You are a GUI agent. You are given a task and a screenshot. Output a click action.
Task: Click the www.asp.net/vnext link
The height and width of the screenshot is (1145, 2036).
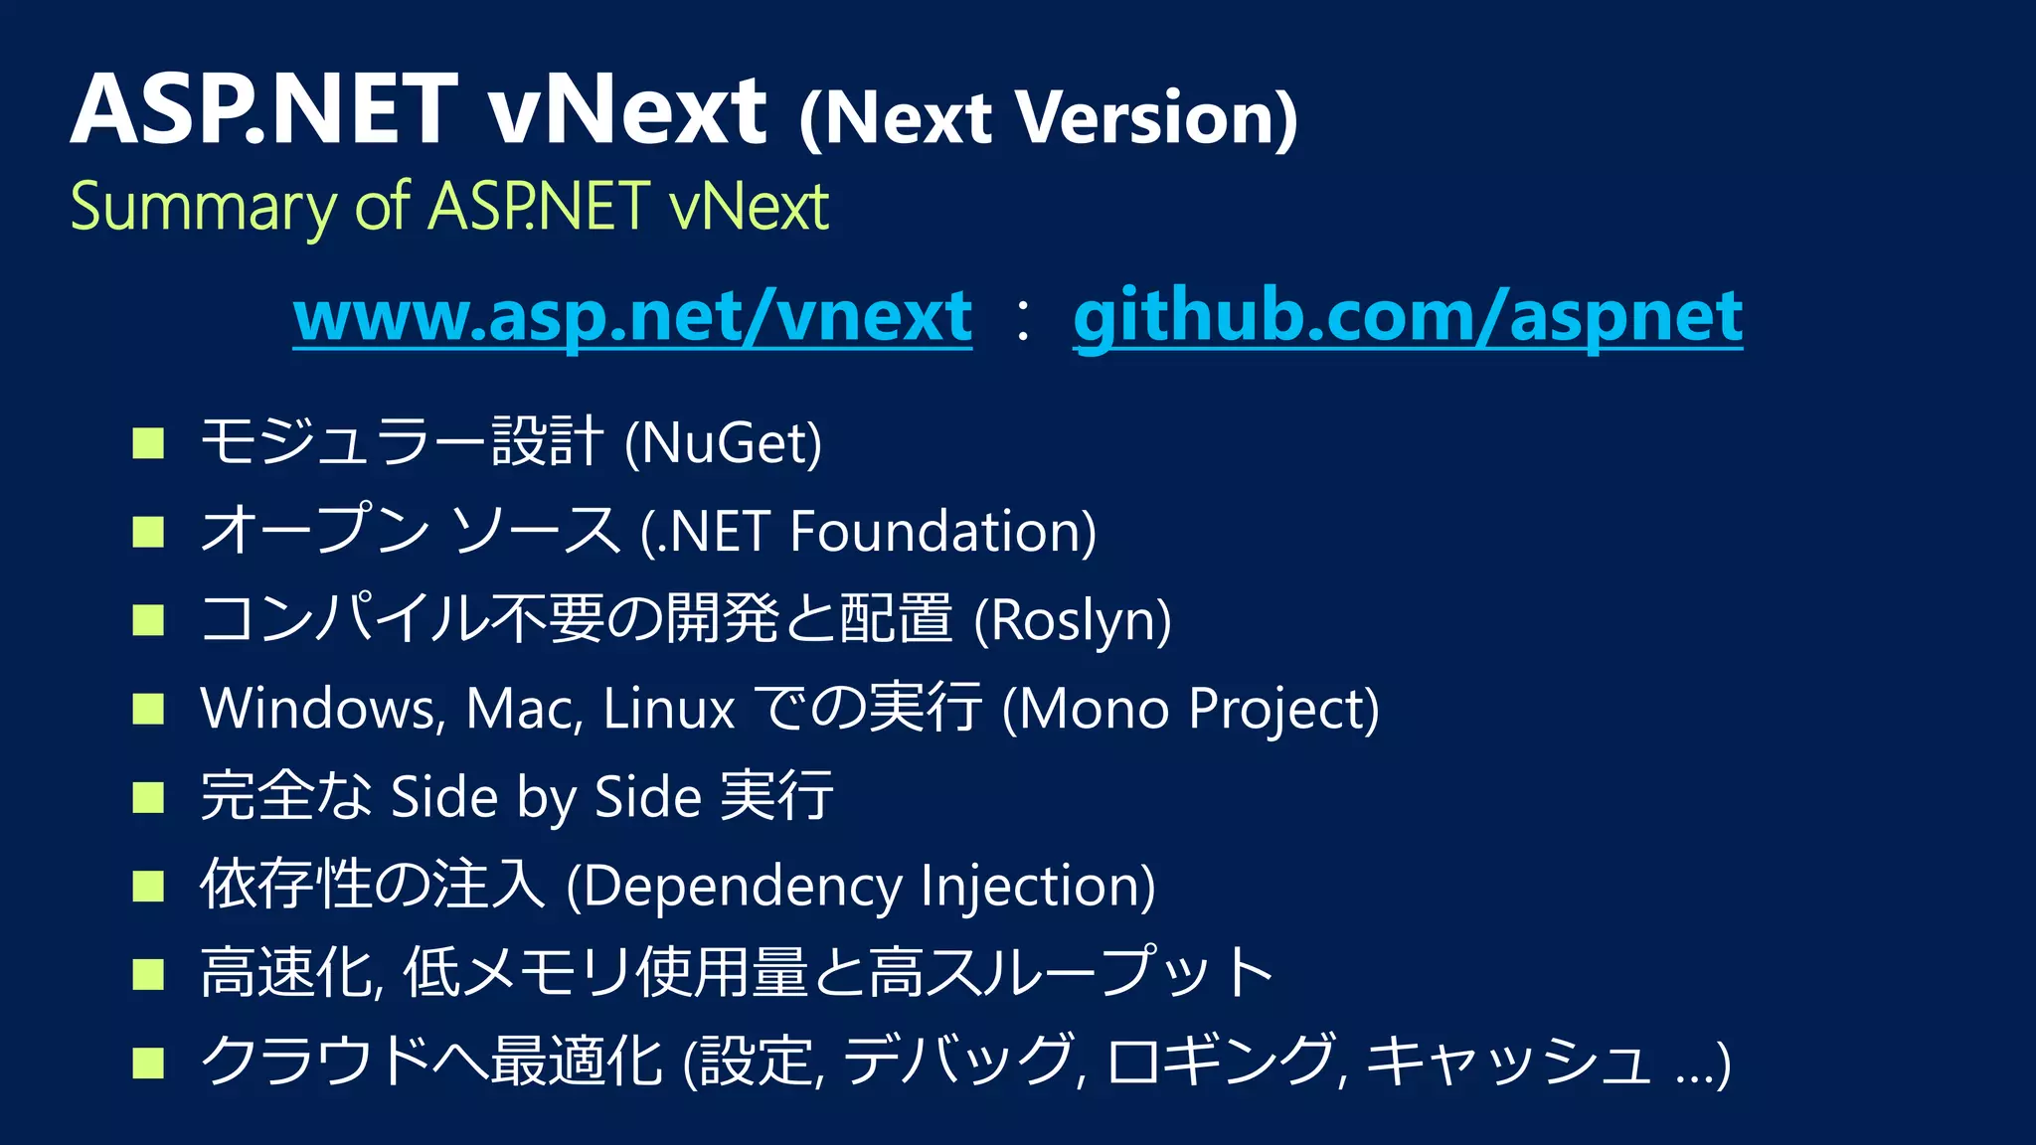pyautogui.click(x=632, y=316)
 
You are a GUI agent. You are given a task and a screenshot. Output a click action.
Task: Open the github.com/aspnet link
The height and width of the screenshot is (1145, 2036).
pyautogui.click(x=1408, y=316)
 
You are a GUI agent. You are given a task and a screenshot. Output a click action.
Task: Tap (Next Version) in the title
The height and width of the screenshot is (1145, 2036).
pyautogui.click(x=1048, y=118)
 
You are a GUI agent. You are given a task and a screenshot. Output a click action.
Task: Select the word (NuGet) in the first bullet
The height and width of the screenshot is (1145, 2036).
pyautogui.click(x=724, y=442)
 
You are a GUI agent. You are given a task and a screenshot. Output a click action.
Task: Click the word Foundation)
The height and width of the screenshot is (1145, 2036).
pyautogui.click(x=942, y=531)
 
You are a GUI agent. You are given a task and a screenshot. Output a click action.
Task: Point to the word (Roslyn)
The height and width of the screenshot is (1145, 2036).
pyautogui.click(x=1073, y=620)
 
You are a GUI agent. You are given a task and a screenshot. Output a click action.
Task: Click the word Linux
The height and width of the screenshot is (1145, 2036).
pyautogui.click(x=668, y=709)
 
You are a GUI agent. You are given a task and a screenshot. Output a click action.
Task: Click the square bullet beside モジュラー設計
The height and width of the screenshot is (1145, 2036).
pyautogui.click(x=148, y=443)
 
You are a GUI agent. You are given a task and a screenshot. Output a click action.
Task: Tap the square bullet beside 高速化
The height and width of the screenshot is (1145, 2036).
pyautogui.click(x=148, y=975)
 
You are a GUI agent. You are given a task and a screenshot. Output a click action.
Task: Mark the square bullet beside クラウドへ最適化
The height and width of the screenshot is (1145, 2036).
pyautogui.click(x=148, y=1063)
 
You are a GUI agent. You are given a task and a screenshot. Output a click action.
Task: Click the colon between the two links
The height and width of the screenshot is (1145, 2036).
pyautogui.click(x=1022, y=320)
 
